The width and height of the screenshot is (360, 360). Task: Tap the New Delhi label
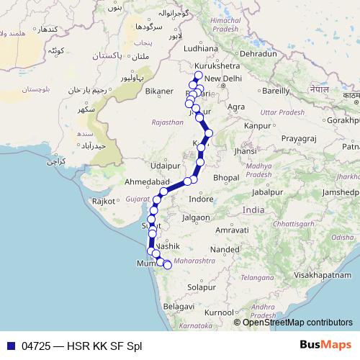click(x=224, y=78)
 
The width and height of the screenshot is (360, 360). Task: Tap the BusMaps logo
click(x=325, y=346)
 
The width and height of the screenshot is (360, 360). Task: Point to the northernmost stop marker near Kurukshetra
click(x=199, y=75)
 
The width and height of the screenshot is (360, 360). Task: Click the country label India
click(x=253, y=210)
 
